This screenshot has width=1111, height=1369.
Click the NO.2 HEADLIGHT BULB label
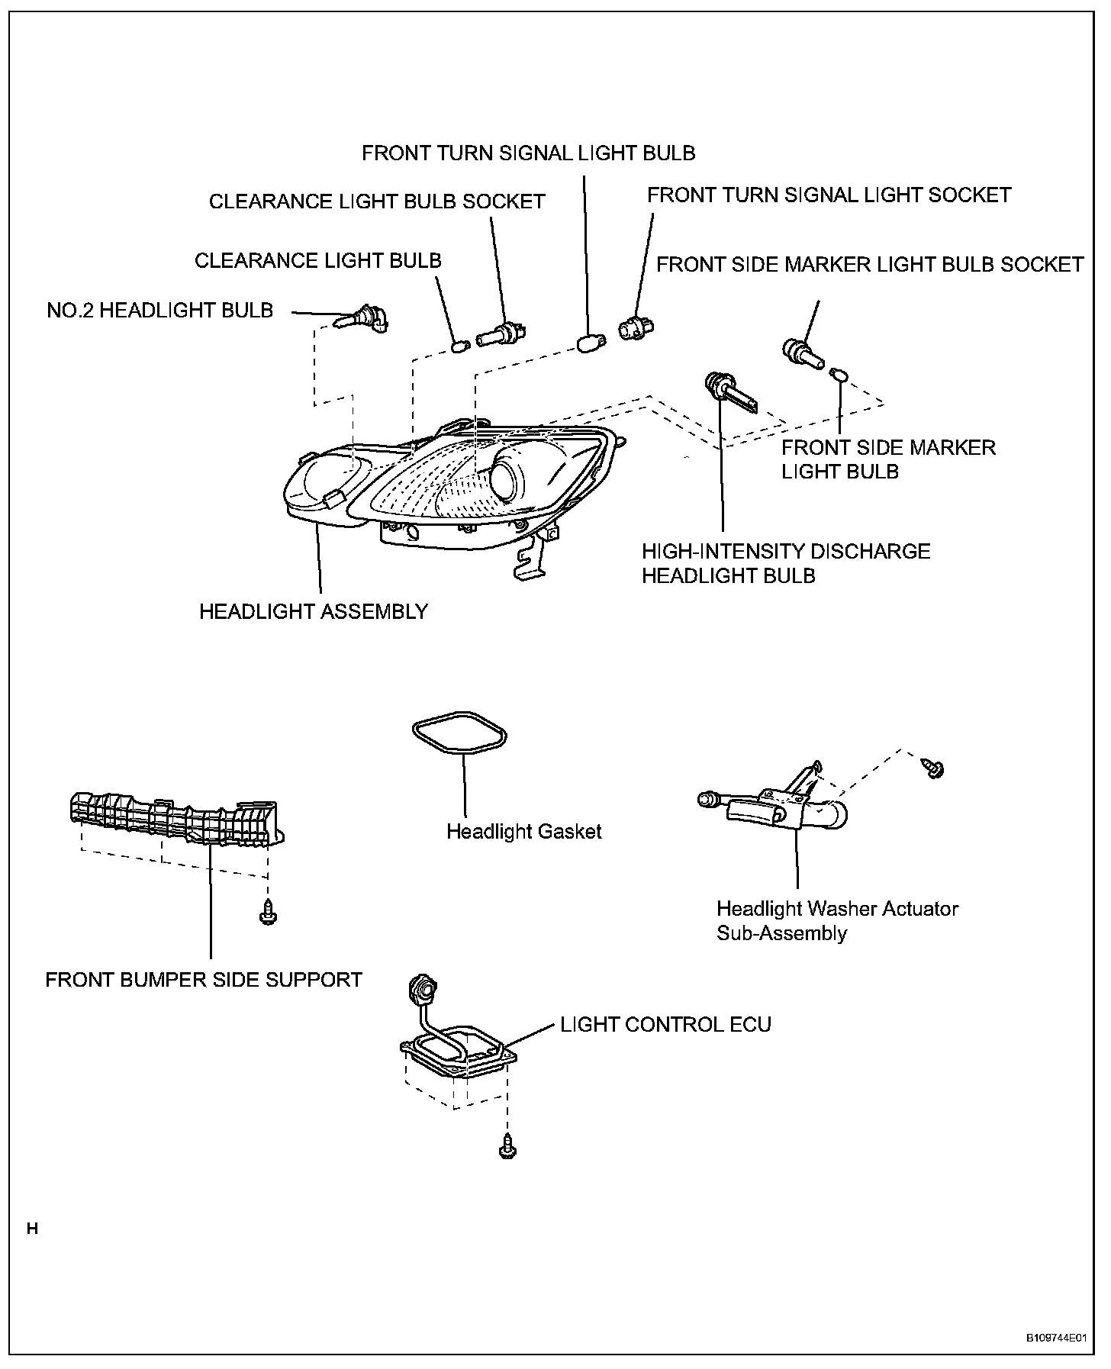tap(160, 311)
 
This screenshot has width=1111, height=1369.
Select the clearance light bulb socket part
tap(503, 334)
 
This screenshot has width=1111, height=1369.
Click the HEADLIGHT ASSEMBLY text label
tap(314, 611)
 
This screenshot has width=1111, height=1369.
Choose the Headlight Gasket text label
tap(524, 831)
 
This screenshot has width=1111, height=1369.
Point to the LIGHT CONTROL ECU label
tap(665, 1024)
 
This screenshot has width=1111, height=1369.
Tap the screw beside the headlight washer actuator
tap(932, 768)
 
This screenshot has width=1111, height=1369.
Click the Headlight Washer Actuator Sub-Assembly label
tap(837, 920)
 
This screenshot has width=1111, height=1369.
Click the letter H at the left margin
tap(32, 1229)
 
